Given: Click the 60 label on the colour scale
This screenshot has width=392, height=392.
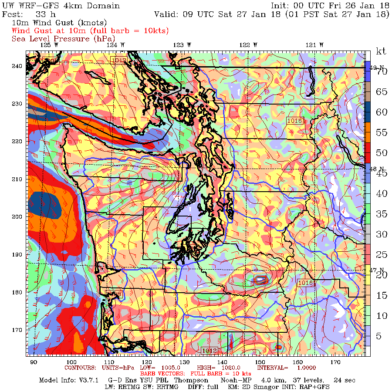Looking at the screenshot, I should tap(382, 112).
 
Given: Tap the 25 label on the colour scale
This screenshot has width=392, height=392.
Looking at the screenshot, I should tap(382, 254).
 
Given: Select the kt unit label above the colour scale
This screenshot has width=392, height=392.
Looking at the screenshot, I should tap(381, 52).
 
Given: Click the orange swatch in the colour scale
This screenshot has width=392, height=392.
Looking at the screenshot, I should tap(368, 132).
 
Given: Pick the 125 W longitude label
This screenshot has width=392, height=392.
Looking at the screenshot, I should tap(49, 44).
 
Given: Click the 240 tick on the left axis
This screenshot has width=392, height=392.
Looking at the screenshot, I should tap(18, 66).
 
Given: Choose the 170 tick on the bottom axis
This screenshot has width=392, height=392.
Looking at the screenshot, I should tap(335, 362).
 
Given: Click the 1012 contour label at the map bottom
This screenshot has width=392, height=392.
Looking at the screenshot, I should tap(210, 350).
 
